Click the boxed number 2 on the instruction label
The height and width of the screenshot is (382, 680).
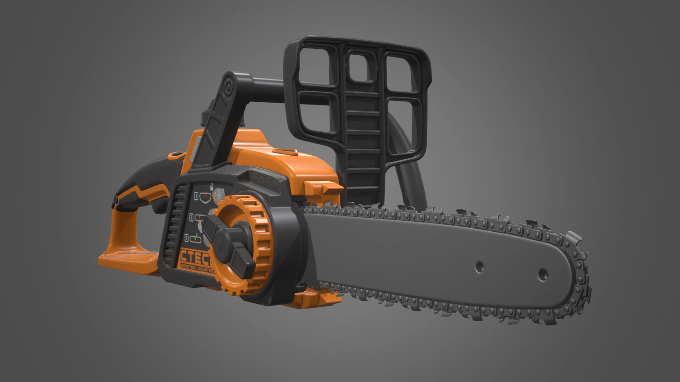192,218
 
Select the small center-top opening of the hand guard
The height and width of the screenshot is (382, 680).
361,66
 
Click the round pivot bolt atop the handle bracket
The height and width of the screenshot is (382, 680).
228,85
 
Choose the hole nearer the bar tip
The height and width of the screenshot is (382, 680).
542,273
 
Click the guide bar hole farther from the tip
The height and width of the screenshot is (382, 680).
480,267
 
